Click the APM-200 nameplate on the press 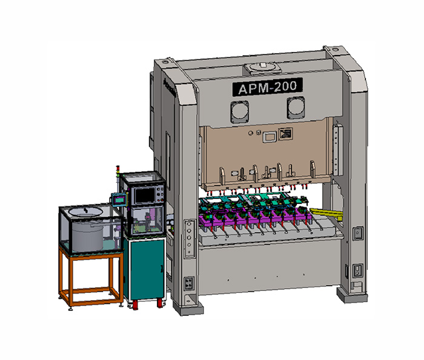pos(267,87)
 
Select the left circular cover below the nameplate pos(240,111)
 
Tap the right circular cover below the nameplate pos(296,108)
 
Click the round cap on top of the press pos(262,67)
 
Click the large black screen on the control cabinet pos(145,195)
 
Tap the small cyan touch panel pos(119,200)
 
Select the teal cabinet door pos(147,269)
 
